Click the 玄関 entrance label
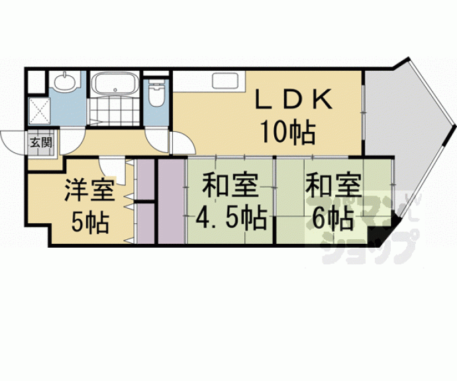[34, 140]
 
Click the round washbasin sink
[64, 83]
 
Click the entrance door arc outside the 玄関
[13, 140]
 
